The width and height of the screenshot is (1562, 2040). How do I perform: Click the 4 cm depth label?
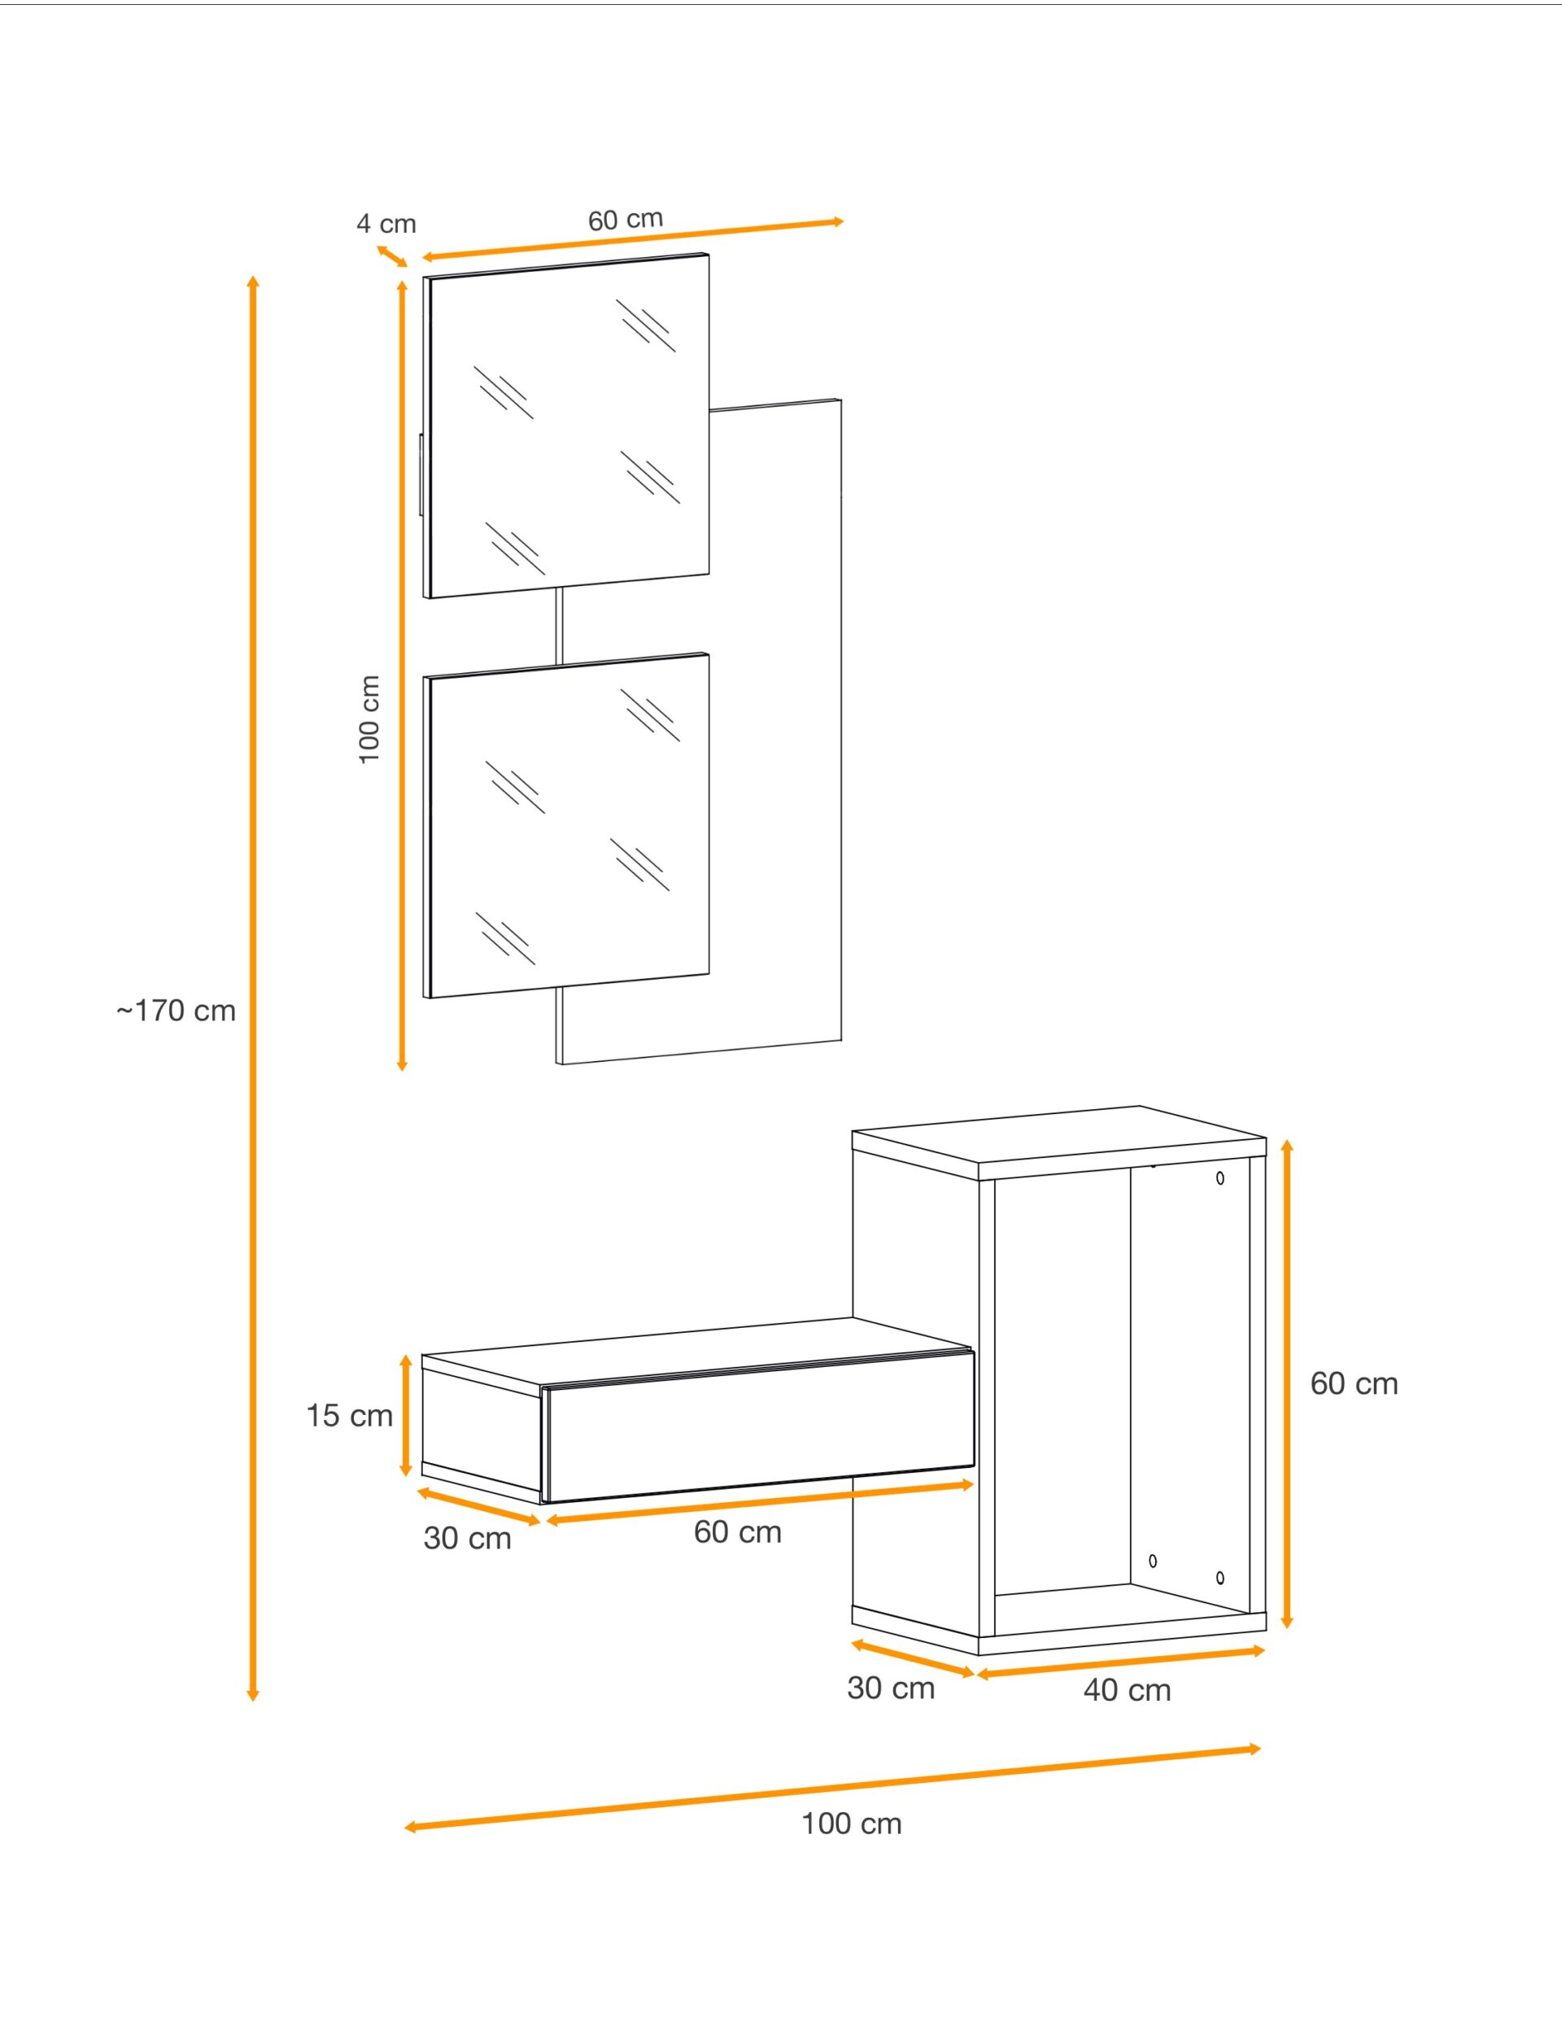click(386, 223)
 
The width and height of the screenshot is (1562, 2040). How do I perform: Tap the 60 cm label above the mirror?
click(625, 220)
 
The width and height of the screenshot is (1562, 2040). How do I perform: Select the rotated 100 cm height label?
click(369, 719)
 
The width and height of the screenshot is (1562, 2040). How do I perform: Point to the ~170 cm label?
click(176, 1011)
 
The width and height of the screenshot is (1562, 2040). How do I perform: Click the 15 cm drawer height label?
click(350, 1415)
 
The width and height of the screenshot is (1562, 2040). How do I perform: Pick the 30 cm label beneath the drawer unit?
click(468, 1538)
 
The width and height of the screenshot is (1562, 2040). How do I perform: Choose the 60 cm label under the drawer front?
click(737, 1531)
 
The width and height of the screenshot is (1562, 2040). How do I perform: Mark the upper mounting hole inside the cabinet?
click(1219, 1178)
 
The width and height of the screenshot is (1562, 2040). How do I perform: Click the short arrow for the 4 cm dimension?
click(392, 256)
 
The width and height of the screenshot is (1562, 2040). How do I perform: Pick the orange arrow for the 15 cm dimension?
click(405, 1415)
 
